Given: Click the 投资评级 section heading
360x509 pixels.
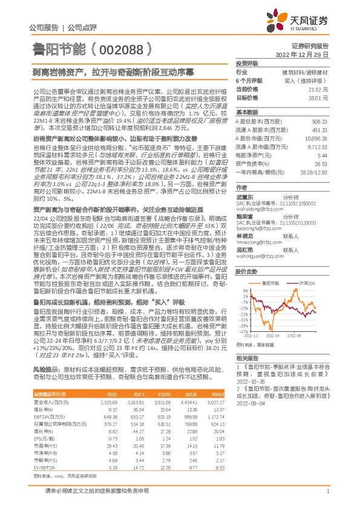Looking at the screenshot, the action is [x=247, y=63].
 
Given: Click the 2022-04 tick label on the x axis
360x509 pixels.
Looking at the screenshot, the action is [x=273, y=335].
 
